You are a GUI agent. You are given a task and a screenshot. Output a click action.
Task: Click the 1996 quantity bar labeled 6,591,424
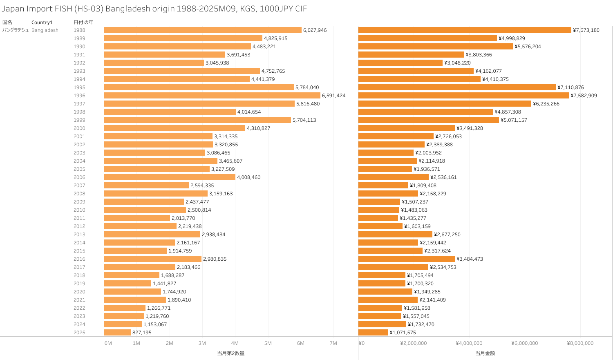212,96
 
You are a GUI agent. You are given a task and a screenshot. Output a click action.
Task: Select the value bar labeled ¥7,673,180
465,30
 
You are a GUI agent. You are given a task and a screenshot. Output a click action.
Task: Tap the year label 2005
79,169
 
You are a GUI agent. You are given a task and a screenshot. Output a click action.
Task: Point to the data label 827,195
142,333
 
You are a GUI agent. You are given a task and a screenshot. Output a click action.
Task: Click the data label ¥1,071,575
403,333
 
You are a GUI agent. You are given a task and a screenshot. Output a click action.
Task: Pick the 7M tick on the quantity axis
333,343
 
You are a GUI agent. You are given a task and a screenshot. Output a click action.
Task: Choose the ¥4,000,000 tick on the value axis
469,343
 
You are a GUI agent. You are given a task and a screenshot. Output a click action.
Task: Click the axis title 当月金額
485,353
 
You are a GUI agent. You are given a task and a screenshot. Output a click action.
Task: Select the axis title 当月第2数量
231,353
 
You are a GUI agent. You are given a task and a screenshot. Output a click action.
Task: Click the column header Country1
42,22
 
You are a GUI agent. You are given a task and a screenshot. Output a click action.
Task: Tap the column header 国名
7,22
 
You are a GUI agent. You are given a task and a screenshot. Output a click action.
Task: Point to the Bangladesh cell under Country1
45,30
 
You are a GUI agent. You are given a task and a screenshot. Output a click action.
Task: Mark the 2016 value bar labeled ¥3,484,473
407,259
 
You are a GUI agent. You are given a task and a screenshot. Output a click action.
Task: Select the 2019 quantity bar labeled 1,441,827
128,284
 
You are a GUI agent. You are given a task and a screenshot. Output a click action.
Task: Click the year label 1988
79,30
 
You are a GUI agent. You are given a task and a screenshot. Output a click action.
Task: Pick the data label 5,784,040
307,87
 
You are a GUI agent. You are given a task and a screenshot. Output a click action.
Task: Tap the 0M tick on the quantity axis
108,343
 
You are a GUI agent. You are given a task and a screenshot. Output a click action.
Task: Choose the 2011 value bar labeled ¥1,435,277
378,218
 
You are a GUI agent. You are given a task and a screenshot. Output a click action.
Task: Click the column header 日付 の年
83,22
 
